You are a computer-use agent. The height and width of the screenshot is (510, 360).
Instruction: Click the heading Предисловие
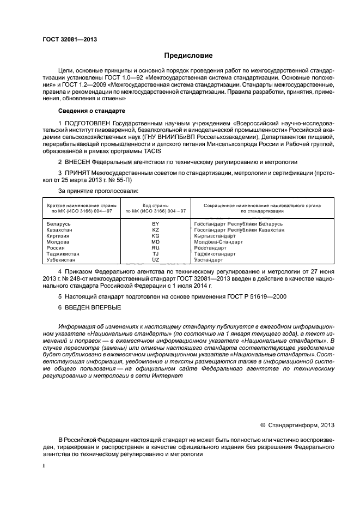coord(188,56)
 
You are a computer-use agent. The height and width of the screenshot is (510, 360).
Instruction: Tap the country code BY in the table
coord(155,224)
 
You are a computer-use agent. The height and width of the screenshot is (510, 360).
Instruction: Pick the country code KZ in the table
coord(155,230)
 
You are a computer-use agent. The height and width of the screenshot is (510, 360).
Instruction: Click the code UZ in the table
coord(155,260)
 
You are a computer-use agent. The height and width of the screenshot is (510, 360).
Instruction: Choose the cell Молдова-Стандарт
coord(218,242)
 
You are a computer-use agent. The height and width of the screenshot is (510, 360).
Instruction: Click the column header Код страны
coord(156,205)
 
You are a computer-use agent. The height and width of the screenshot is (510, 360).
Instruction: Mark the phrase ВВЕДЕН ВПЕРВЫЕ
coord(91,308)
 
